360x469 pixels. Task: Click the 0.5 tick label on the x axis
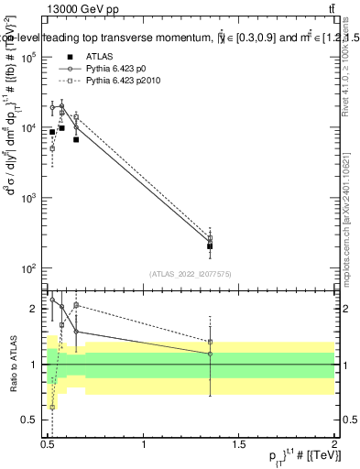[49, 444]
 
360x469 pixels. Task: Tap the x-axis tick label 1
[144, 444]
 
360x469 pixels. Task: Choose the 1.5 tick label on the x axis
[239, 444]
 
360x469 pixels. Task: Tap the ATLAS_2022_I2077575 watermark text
[190, 273]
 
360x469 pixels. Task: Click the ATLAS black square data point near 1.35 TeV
[211, 246]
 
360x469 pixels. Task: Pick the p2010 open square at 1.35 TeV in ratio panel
[211, 342]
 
